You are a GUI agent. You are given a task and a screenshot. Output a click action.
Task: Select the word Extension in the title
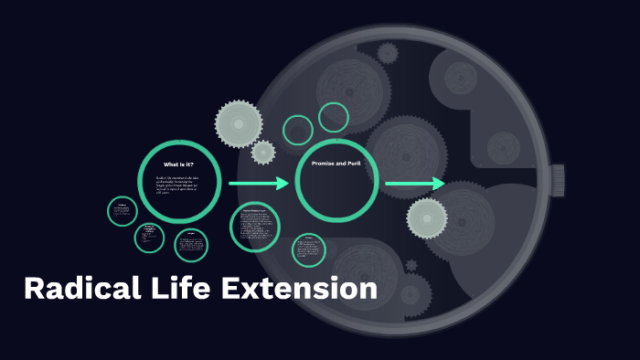point(299,289)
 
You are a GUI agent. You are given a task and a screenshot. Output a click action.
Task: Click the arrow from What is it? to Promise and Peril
point(258,184)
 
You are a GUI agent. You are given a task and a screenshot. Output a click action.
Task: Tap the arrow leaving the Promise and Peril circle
point(414,184)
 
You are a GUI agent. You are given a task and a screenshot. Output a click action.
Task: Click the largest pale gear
point(239,122)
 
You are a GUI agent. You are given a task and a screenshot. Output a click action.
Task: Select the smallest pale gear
point(263,152)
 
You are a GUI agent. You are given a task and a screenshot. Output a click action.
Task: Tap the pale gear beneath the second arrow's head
point(427,217)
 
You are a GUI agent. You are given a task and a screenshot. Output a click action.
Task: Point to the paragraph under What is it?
point(178,185)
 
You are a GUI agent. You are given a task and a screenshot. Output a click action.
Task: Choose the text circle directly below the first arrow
point(255,227)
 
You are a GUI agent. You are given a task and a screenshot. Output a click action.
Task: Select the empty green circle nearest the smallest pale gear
point(298,130)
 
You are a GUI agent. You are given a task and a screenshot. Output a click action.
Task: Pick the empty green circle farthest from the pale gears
point(334,117)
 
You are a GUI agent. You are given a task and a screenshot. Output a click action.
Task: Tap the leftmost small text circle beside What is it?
point(123,213)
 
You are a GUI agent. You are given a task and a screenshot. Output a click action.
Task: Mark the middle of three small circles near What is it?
point(149,237)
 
